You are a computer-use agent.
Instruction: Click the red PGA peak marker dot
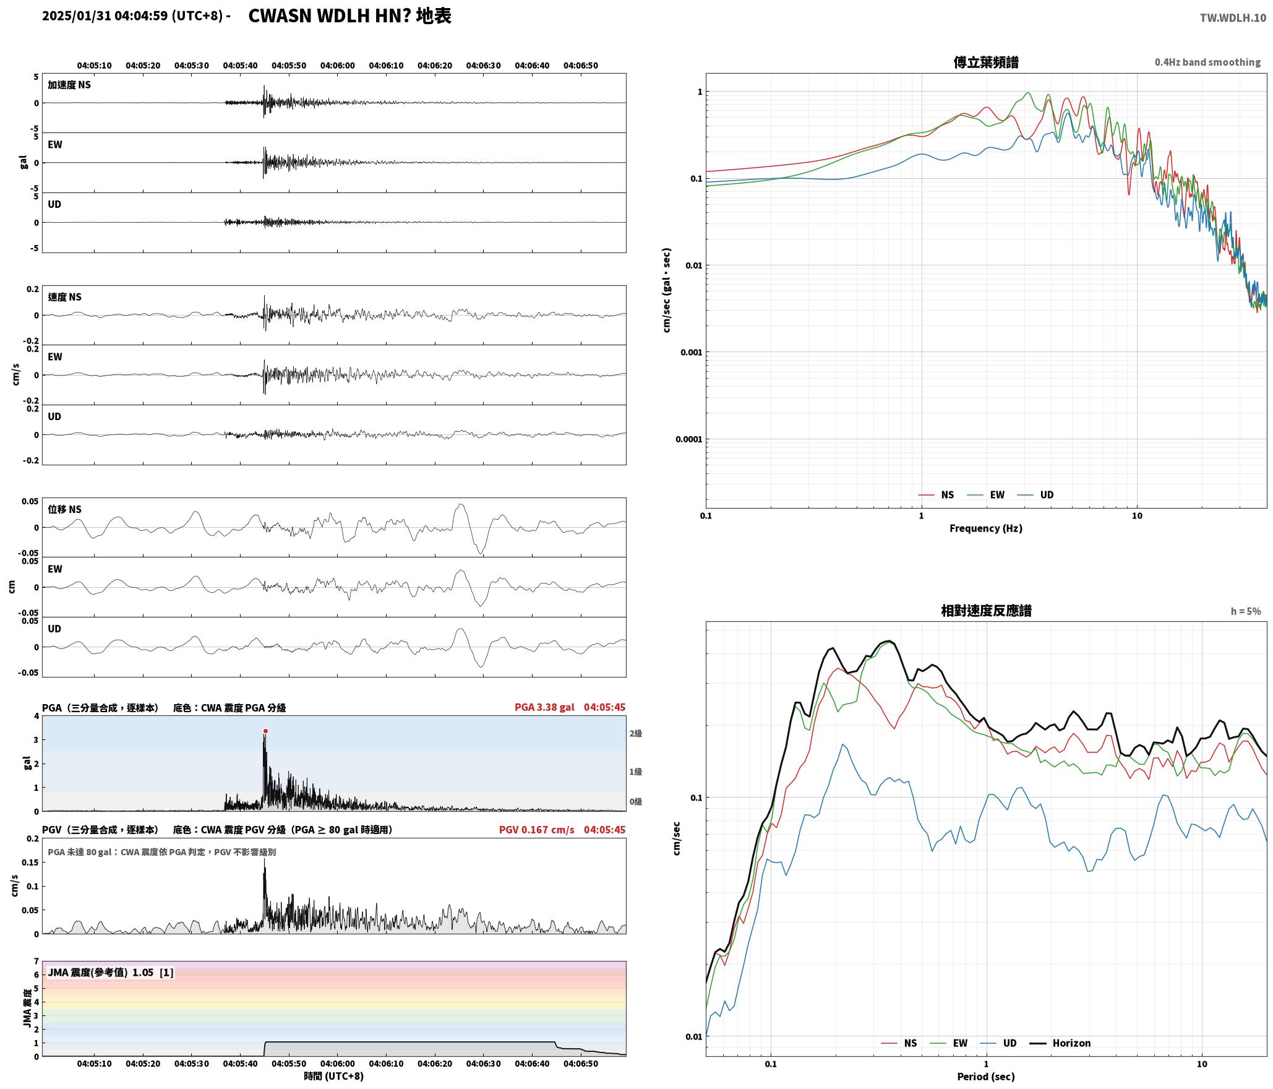coord(265,731)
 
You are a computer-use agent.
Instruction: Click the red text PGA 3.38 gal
coord(544,707)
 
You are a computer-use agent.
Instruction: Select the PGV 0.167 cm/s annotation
coord(537,830)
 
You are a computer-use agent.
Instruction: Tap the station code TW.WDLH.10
coord(1233,18)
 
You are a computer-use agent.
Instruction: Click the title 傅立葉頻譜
coord(986,62)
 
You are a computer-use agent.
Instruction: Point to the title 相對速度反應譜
coord(986,611)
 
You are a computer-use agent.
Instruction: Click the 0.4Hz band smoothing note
coord(1207,62)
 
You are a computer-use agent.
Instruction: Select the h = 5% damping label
coord(1245,611)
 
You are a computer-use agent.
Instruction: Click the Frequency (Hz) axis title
coord(986,528)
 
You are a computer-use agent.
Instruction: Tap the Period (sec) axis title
coord(986,1077)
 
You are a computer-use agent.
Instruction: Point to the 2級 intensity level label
coord(636,734)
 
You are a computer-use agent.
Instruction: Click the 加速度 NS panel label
coord(69,85)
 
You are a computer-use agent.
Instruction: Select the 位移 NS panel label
coord(65,509)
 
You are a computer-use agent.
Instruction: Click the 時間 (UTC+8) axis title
coord(334,1076)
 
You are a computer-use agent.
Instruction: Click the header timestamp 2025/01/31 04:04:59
coord(105,16)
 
